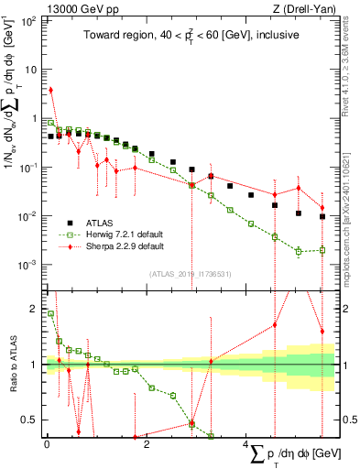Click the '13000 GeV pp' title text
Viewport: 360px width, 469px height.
point(82,8)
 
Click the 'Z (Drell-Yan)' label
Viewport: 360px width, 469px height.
point(301,8)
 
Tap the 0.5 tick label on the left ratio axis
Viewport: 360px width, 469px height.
point(30,420)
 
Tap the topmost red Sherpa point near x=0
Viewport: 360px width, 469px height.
point(51,90)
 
